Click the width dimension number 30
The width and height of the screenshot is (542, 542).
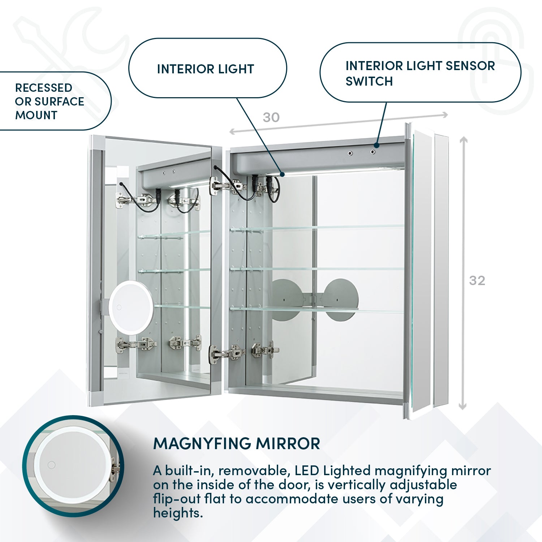click(x=271, y=117)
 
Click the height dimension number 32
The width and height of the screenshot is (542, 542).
click(x=477, y=281)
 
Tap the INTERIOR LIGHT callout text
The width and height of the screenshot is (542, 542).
click(x=205, y=69)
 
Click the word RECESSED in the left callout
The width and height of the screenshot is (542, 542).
click(x=44, y=88)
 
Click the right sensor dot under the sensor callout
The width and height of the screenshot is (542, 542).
click(x=372, y=152)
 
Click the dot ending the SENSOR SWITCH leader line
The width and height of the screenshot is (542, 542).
click(x=377, y=146)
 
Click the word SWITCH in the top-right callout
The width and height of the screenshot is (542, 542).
click(x=369, y=82)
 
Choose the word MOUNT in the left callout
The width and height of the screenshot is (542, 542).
click(x=36, y=115)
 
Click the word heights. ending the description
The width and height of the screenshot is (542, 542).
click(x=178, y=513)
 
